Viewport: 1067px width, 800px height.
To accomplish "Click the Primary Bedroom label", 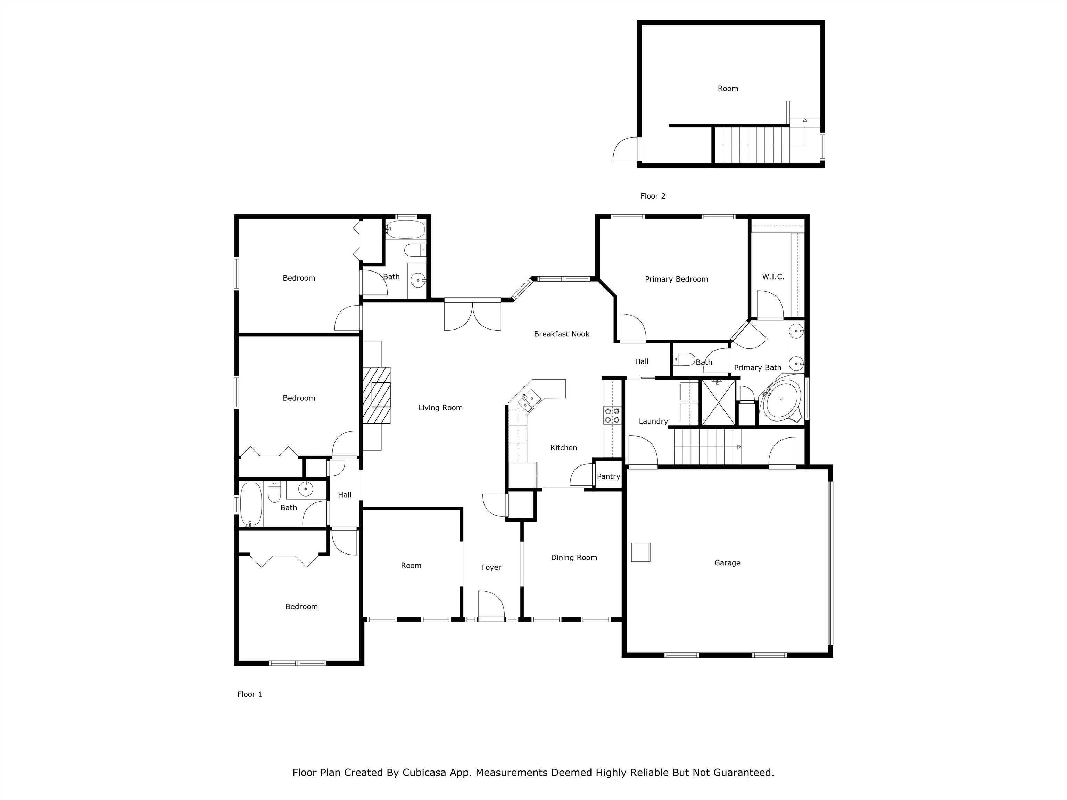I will pyautogui.click(x=676, y=279).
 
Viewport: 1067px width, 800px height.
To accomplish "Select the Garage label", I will pyautogui.click(x=727, y=563).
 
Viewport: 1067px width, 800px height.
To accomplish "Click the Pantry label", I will pyautogui.click(x=608, y=476).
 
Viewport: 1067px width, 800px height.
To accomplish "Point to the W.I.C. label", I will pyautogui.click(x=773, y=277).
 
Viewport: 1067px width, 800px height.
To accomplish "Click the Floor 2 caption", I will pyautogui.click(x=653, y=196).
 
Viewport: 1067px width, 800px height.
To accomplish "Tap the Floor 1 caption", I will pyautogui.click(x=249, y=694).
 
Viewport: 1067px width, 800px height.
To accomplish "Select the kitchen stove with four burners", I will pyautogui.click(x=612, y=416).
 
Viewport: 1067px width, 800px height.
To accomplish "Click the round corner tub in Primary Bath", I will pyautogui.click(x=780, y=399).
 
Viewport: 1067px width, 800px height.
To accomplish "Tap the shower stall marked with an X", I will pyautogui.click(x=718, y=403).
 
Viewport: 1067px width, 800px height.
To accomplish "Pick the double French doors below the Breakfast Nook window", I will pyautogui.click(x=472, y=316).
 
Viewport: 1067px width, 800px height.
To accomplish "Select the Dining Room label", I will pyautogui.click(x=573, y=557).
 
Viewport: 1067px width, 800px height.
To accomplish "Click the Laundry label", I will pyautogui.click(x=653, y=422).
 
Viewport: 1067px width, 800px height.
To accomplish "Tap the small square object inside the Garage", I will pyautogui.click(x=640, y=552).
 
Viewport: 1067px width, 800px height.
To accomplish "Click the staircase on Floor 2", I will pyautogui.click(x=752, y=145).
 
